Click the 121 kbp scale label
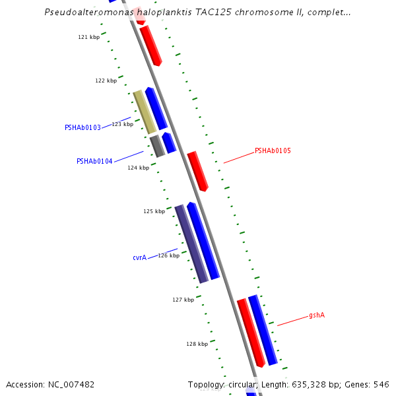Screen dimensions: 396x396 88,37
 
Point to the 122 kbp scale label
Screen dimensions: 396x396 106,81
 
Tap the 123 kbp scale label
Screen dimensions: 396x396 122,124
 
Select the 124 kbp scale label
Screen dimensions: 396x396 138,168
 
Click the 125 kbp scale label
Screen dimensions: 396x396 154,211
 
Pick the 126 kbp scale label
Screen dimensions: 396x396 168,255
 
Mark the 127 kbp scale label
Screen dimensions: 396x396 183,300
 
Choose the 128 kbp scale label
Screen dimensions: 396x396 197,344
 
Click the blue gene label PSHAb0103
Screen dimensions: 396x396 82,127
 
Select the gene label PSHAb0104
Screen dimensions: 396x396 94,161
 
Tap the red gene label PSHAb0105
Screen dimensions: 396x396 273,150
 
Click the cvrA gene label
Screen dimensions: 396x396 139,258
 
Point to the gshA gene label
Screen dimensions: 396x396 317,315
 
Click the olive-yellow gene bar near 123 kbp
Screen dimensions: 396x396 145,112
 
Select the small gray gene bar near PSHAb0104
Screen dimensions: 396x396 156,146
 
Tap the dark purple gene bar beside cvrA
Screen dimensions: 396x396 191,244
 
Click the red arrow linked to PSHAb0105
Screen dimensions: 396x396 197,171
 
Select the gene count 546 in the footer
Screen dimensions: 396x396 381,384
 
